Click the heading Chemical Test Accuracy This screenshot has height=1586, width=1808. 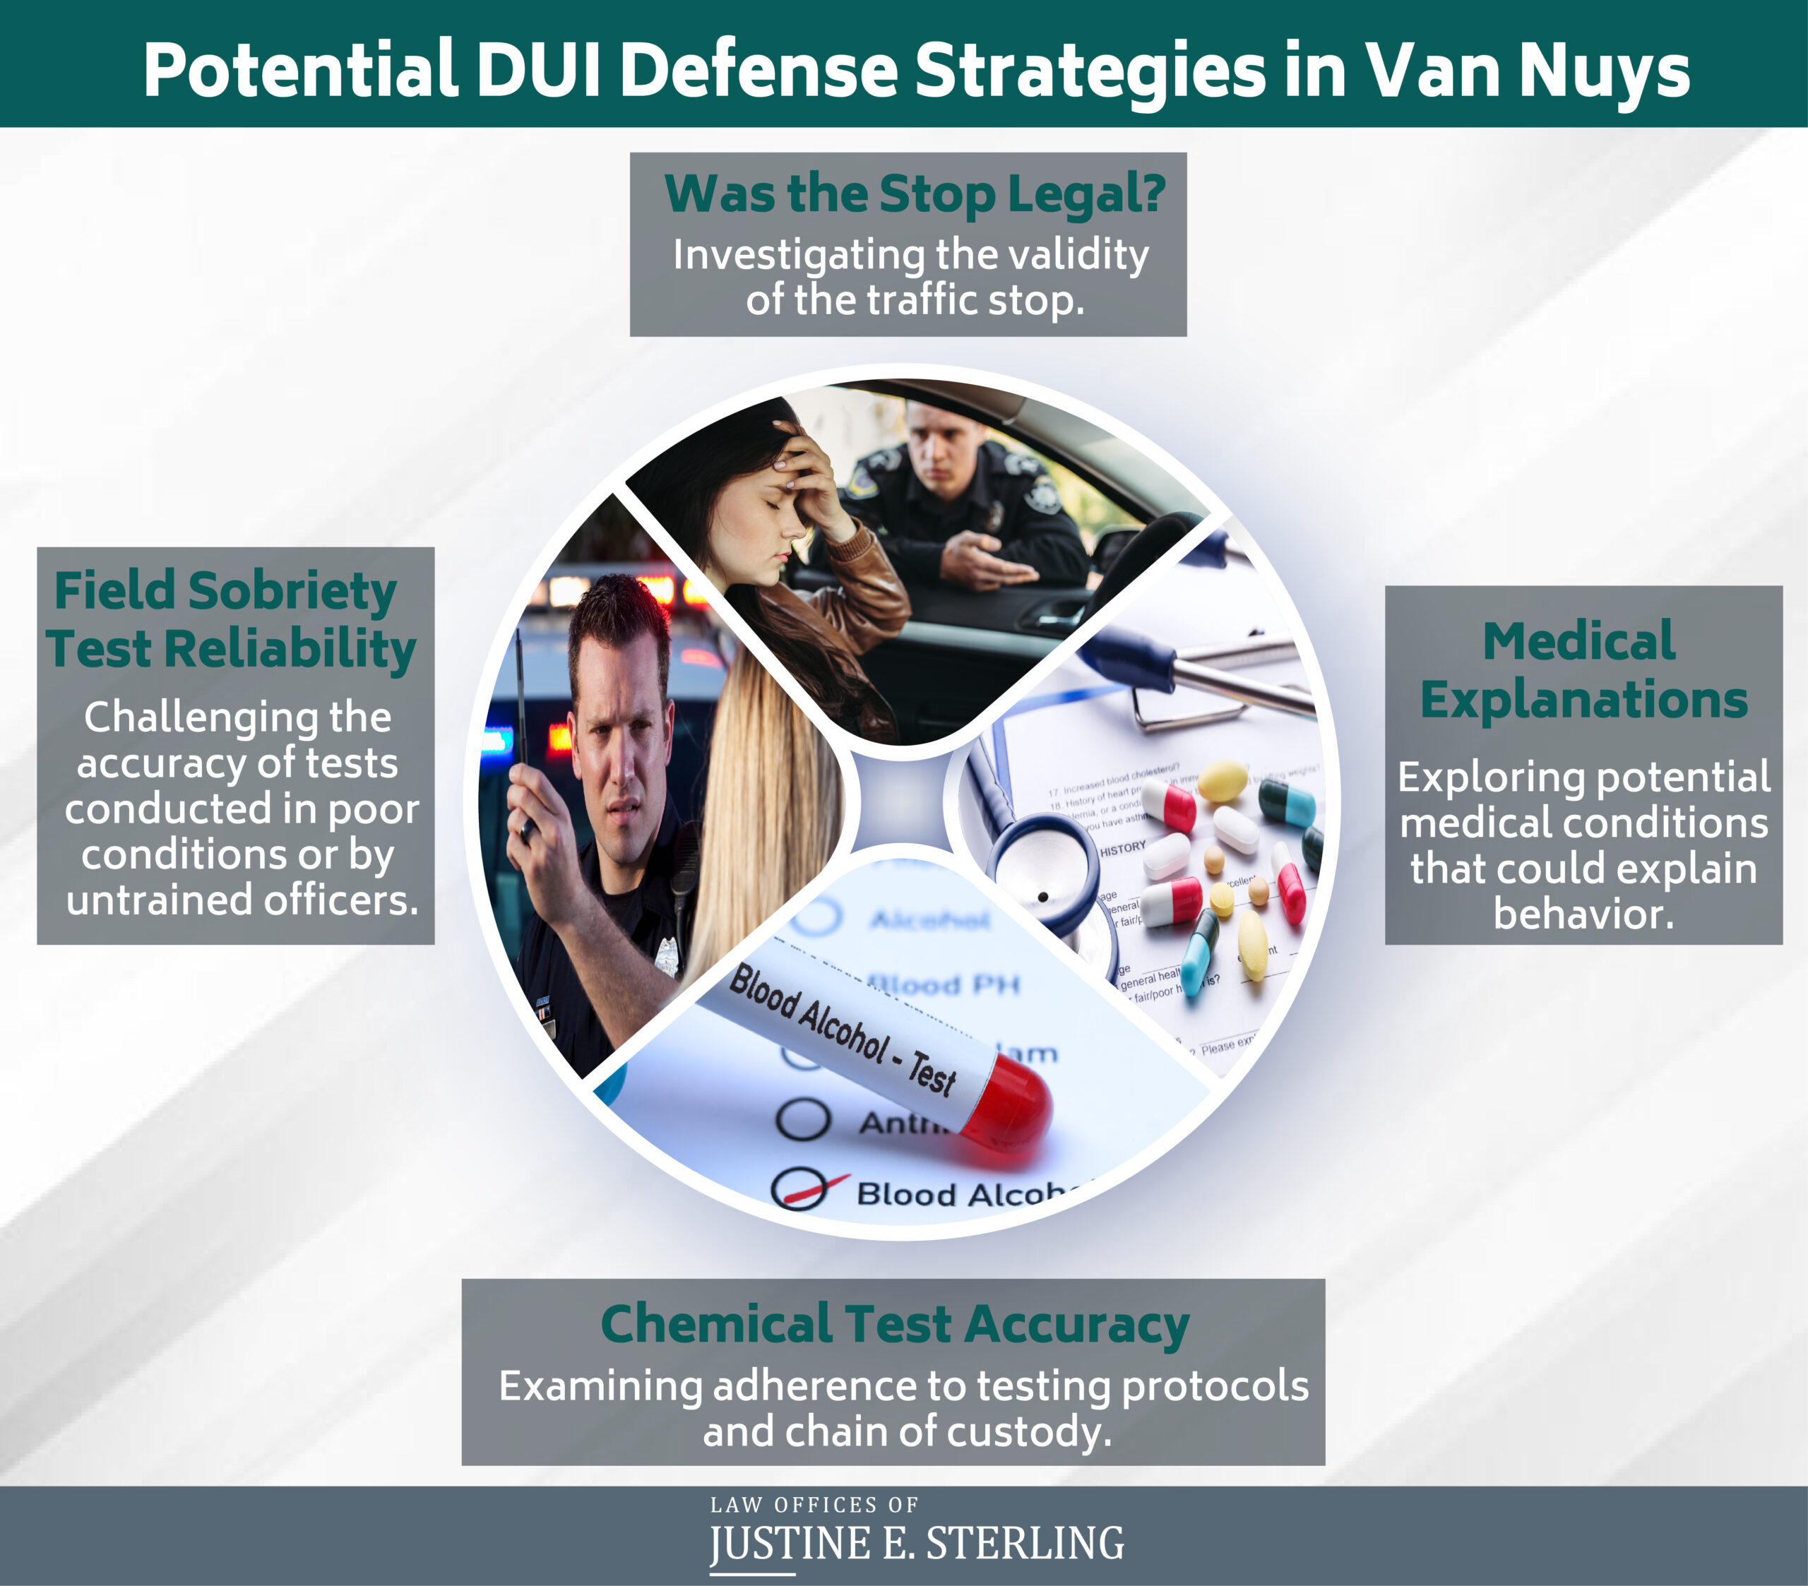click(x=894, y=1324)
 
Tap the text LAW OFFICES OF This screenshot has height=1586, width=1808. click(x=814, y=1505)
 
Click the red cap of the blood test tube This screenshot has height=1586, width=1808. click(x=1009, y=1107)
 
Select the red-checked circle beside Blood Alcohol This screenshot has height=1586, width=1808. click(x=799, y=1189)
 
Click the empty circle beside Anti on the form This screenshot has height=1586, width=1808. click(x=802, y=1119)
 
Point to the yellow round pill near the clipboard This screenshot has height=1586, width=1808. click(x=1222, y=780)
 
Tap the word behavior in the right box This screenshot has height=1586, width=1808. click(x=1583, y=914)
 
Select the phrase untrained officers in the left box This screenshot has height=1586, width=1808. click(x=242, y=900)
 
